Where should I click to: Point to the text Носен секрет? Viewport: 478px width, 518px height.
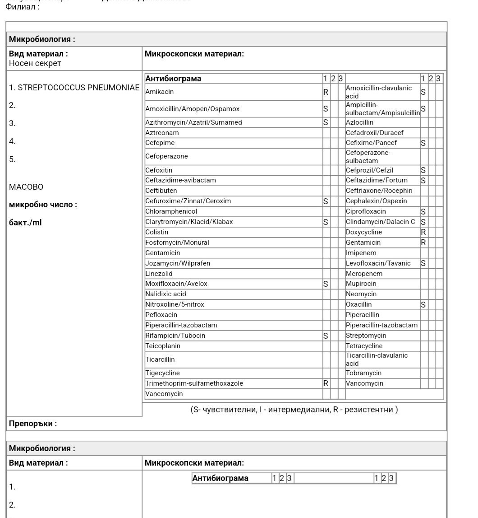(35, 63)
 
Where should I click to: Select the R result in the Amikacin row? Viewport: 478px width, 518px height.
(326, 92)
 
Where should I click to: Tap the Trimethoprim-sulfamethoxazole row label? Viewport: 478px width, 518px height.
(194, 383)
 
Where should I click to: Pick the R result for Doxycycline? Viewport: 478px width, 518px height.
(423, 232)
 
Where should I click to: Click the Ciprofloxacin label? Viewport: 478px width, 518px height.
(366, 211)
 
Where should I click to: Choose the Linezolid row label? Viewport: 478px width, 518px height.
(159, 274)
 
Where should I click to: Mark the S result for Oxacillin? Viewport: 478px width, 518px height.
(423, 305)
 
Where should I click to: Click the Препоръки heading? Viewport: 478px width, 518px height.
(33, 424)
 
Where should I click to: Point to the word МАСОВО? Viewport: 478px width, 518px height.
(26, 187)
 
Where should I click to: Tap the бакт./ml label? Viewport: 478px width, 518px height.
(25, 222)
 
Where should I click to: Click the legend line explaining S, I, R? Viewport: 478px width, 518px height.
(294, 410)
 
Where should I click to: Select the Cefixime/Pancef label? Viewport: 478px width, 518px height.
(371, 143)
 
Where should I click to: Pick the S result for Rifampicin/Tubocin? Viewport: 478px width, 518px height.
(326, 336)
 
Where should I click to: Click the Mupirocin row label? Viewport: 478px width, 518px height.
(361, 284)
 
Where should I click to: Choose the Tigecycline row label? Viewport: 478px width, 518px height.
(162, 373)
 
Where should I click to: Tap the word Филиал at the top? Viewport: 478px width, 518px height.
(22, 7)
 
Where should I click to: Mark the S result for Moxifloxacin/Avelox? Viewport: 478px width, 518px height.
(326, 284)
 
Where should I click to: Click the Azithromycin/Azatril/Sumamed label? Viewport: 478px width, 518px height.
(193, 122)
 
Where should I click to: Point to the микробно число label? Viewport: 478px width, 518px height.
(43, 205)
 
